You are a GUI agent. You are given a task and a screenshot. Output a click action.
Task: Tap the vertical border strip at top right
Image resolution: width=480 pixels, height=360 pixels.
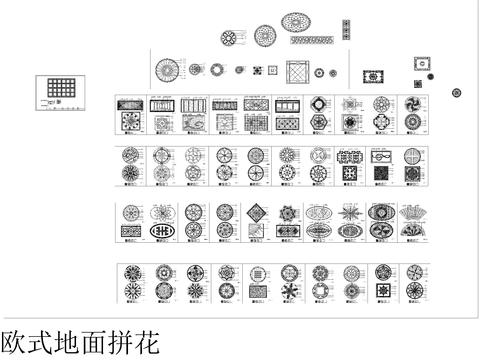346,27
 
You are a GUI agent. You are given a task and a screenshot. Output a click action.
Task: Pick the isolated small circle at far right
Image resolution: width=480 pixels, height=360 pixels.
456,92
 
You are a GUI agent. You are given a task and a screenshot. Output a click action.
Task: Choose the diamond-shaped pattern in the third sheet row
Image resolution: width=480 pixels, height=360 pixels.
256,211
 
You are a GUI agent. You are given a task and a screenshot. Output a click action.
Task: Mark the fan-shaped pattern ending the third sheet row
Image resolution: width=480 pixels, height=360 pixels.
411,212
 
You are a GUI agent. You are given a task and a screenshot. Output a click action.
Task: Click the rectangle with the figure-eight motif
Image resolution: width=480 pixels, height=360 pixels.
380,157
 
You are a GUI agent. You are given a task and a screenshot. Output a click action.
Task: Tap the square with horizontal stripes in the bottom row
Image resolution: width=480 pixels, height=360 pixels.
257,272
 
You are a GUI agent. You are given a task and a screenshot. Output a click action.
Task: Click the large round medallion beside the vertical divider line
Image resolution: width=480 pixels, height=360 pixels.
167,70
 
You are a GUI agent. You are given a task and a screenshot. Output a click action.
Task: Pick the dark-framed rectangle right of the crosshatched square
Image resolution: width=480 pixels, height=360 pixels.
373,76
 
